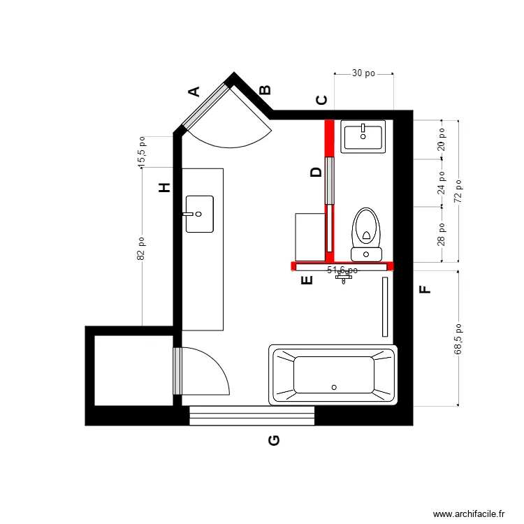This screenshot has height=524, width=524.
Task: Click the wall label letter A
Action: click(195, 91)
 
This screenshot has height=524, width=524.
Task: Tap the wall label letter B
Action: click(265, 90)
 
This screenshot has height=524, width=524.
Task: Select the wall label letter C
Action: click(322, 100)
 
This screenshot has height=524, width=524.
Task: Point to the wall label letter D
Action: click(316, 172)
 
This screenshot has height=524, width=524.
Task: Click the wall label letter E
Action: click(306, 281)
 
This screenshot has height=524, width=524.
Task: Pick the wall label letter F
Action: click(424, 289)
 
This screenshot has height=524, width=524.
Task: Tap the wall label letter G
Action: click(275, 440)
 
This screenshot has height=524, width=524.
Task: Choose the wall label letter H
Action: click(165, 188)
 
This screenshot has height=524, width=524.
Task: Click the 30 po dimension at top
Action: click(363, 73)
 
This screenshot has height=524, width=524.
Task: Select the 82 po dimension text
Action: click(141, 247)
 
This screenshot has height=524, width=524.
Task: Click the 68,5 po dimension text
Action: click(458, 339)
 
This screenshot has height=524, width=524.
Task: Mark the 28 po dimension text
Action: click(441, 235)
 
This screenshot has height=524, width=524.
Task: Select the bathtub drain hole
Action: click(334, 386)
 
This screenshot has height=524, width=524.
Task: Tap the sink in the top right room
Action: click(363, 136)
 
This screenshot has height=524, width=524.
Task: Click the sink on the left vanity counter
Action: click(199, 214)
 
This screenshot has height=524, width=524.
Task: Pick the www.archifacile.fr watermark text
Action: click(469, 514)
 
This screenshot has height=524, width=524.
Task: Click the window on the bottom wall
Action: click(252, 416)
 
